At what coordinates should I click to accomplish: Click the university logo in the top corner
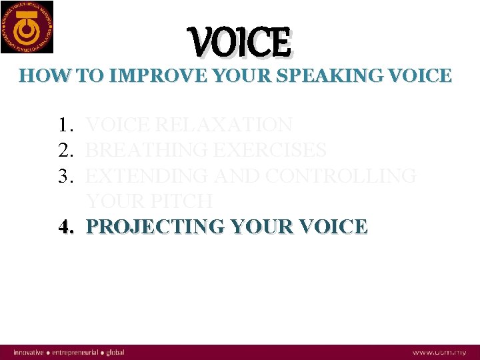27,27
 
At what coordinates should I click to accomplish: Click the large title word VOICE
241,43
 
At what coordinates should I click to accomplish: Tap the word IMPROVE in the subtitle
145,75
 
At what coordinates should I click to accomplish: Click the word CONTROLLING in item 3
341,176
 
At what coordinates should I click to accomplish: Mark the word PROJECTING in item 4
155,227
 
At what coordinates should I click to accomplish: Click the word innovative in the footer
27,352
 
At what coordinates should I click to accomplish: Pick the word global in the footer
114,352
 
